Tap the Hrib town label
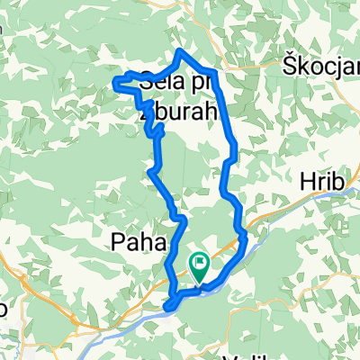point(327,183)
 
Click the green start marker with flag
point(199,265)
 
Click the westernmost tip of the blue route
point(114,84)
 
